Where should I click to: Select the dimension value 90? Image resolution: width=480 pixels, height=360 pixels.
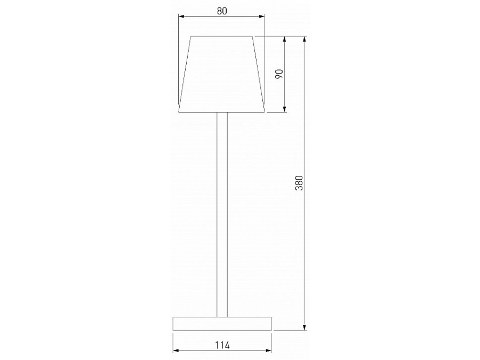[278, 74]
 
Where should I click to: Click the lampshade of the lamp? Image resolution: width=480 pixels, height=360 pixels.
[222, 75]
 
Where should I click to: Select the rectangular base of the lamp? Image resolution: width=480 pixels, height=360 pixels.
[222, 324]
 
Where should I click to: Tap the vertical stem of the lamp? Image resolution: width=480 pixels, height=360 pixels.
[222, 213]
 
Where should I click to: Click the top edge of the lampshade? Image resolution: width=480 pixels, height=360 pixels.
[222, 36]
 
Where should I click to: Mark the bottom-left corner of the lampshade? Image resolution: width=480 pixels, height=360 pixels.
[179, 113]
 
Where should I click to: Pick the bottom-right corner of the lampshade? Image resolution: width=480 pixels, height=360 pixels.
[265, 113]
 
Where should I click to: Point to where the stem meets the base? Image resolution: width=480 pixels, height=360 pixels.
[222, 317]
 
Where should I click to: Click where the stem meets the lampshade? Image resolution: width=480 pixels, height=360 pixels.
[222, 113]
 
